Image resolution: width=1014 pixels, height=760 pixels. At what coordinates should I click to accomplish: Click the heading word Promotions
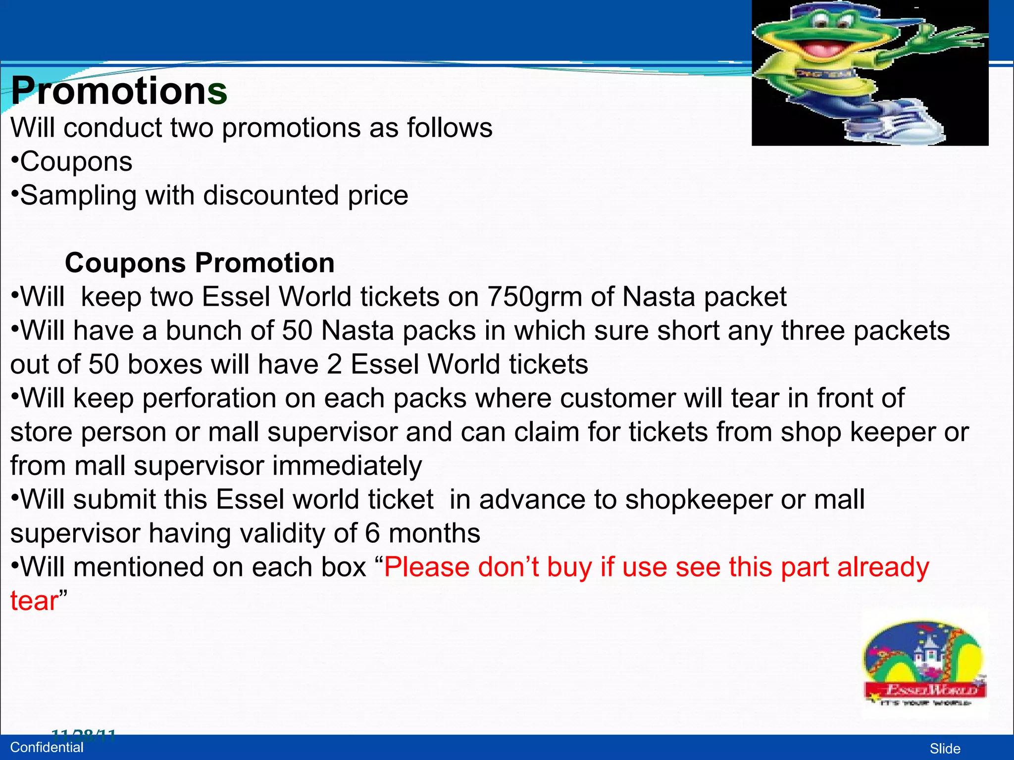pyautogui.click(x=119, y=91)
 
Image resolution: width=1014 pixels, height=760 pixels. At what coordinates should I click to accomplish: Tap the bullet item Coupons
pyautogui.click(x=76, y=162)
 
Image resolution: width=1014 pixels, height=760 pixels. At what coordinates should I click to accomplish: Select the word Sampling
pyautogui.click(x=78, y=195)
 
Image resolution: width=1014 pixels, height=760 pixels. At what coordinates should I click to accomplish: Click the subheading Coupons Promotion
pyautogui.click(x=200, y=263)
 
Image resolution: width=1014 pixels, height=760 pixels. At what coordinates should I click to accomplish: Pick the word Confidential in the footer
pyautogui.click(x=47, y=748)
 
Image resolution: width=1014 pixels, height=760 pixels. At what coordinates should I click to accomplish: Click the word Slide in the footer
pyautogui.click(x=945, y=749)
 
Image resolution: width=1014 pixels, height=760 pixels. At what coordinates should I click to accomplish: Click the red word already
pyautogui.click(x=883, y=568)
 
